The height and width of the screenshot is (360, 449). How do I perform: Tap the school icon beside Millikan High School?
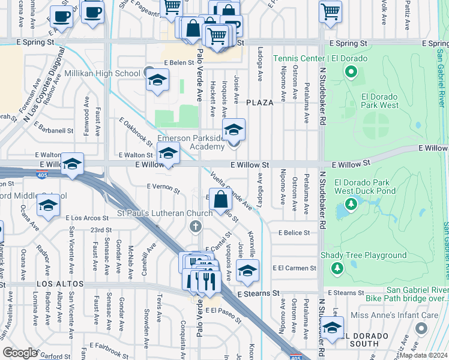tap(157, 81)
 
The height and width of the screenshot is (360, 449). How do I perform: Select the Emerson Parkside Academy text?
tap(191, 142)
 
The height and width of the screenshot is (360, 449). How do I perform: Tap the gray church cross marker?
tap(194, 226)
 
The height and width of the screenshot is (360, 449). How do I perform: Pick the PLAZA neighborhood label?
tap(259, 103)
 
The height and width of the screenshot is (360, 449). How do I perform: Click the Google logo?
tap(20, 353)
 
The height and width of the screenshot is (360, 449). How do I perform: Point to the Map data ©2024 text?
tap(423, 355)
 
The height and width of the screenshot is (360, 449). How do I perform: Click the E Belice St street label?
tap(294, 232)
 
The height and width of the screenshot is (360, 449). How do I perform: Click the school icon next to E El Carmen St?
tap(247, 271)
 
